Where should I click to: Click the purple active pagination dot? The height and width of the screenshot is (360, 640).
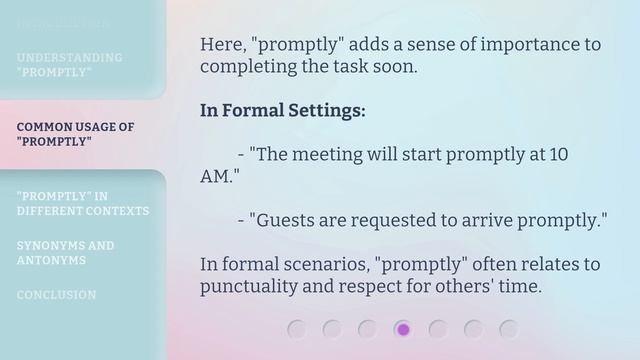(403, 329)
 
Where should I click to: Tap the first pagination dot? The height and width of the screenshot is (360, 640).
(296, 329)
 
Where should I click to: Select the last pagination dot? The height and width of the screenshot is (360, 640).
(509, 329)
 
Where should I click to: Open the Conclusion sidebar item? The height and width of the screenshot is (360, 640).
(56, 295)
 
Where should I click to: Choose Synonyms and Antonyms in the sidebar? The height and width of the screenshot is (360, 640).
(65, 252)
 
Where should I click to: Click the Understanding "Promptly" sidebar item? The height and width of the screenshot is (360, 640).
(69, 65)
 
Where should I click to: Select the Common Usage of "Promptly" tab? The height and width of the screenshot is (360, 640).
(75, 134)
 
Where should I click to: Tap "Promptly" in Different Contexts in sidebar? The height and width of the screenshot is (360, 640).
(82, 203)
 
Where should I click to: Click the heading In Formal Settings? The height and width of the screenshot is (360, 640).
(282, 110)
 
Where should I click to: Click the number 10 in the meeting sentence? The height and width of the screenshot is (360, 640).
(559, 155)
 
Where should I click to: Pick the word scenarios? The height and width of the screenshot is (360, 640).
(325, 265)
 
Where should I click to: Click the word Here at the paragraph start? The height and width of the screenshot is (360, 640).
(222, 45)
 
